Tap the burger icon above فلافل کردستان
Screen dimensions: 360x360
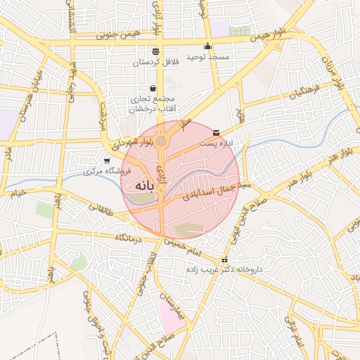(155, 51)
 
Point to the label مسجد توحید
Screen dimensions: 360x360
(208, 57)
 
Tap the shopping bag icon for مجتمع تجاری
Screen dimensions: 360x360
(153, 89)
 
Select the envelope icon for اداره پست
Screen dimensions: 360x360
(215, 132)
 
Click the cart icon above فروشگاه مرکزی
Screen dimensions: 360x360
(106, 161)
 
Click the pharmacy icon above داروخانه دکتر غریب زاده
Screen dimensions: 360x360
(224, 260)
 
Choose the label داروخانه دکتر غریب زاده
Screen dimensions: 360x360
(226, 270)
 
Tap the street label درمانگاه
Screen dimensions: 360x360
(130, 239)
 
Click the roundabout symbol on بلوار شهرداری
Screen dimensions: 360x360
(162, 142)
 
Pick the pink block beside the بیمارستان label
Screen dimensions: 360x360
(171, 318)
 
